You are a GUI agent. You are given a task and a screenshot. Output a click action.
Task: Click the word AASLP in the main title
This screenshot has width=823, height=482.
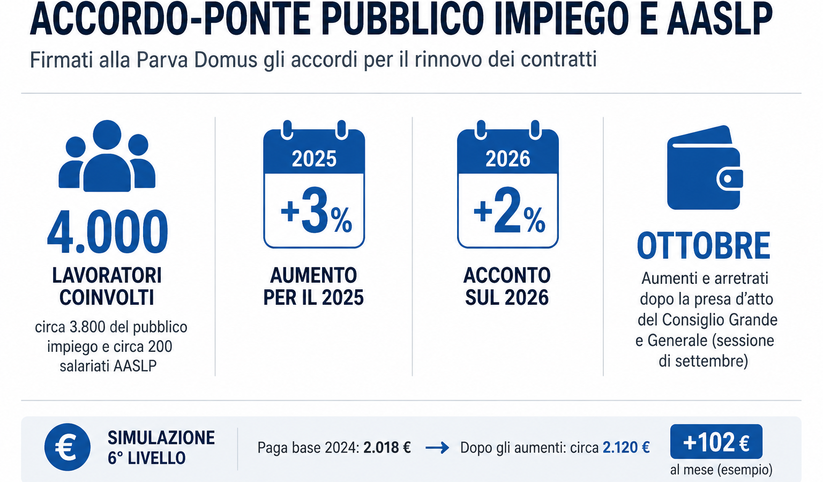(x=720, y=19)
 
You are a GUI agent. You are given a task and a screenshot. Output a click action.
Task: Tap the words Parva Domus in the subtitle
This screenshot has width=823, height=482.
(x=197, y=59)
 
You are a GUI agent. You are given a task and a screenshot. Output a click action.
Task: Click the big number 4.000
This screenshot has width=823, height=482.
(x=107, y=232)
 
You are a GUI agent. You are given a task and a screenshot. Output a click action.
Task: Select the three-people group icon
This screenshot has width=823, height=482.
(x=107, y=156)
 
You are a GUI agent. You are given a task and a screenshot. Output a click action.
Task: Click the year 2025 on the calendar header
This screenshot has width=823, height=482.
(x=314, y=159)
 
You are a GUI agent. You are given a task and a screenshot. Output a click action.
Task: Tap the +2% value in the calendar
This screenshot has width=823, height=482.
(x=509, y=211)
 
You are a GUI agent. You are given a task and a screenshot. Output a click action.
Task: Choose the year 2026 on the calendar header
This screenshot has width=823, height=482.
(x=508, y=159)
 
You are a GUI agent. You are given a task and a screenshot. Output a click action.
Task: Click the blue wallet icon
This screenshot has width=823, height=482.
(x=705, y=168)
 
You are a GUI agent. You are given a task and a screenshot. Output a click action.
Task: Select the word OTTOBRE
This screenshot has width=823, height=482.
(x=704, y=246)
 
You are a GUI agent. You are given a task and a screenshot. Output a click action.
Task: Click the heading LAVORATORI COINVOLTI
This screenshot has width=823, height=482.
(x=107, y=287)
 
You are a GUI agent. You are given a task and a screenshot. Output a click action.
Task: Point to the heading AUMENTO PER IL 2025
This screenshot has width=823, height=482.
(x=313, y=287)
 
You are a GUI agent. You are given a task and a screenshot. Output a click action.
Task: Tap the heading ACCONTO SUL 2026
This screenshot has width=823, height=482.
(x=507, y=287)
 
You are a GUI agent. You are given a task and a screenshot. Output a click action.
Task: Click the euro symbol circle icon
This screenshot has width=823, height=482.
(x=67, y=447)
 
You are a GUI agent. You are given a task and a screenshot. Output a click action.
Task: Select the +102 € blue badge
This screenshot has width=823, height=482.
(x=716, y=442)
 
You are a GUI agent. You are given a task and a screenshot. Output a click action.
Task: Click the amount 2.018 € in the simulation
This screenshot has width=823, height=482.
(x=387, y=448)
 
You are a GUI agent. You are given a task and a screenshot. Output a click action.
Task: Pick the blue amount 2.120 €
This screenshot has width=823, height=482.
(x=626, y=448)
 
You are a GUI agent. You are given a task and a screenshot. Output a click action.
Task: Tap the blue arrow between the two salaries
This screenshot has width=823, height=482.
(x=437, y=448)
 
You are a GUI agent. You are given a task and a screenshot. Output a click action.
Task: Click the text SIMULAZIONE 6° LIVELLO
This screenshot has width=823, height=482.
(x=161, y=448)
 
